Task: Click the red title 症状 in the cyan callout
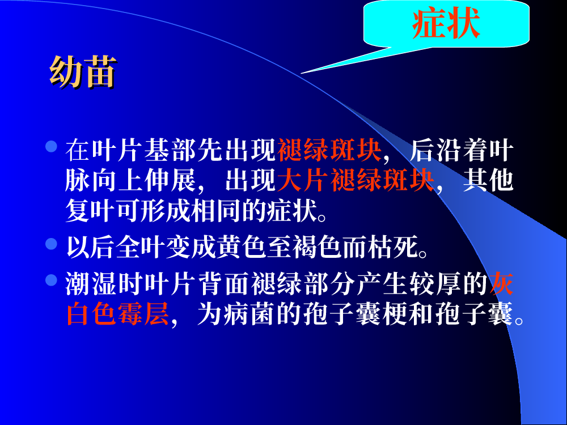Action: click(x=446, y=23)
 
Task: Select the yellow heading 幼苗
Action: click(x=83, y=72)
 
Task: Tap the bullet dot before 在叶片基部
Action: click(x=52, y=146)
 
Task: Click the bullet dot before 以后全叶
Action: click(x=52, y=244)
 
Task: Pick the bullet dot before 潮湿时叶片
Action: click(x=52, y=280)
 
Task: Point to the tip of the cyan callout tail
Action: click(x=301, y=73)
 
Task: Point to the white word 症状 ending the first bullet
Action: click(x=292, y=210)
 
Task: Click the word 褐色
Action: click(x=317, y=247)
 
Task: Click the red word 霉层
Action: click(x=143, y=313)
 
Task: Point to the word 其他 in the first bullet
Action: click(x=489, y=180)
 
